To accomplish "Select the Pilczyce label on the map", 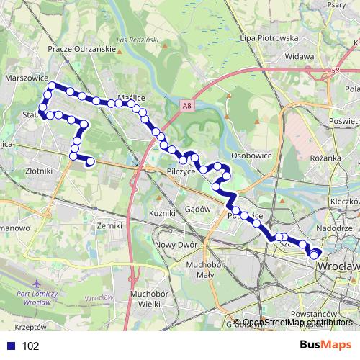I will click(176, 173).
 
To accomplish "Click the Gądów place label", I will click(197, 209).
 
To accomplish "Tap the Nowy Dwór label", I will click(171, 244).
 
